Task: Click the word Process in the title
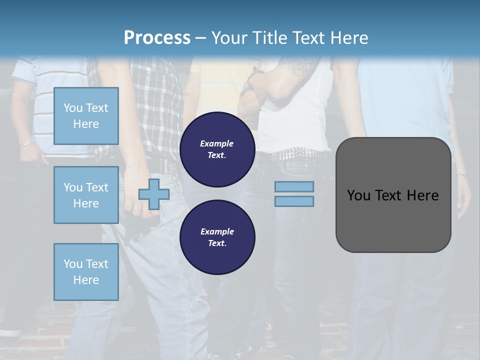point(157,37)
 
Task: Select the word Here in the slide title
point(348,37)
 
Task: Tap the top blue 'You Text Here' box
point(86,116)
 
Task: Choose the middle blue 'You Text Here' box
point(86,195)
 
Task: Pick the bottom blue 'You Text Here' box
point(86,272)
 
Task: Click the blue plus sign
point(154,194)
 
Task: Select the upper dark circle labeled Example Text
point(217,149)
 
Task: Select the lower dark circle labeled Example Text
point(217,237)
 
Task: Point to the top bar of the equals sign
point(294,186)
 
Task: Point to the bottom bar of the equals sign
point(294,201)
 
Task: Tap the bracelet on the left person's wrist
point(26,143)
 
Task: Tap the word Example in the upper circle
point(217,143)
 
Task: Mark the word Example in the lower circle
point(217,231)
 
